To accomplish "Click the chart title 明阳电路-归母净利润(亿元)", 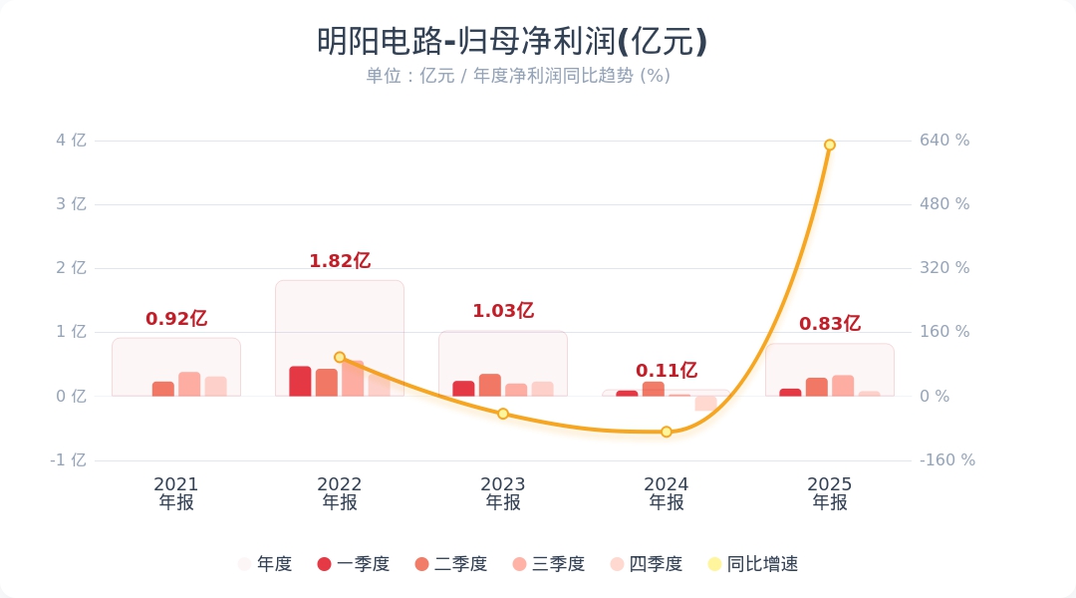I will point(512,42).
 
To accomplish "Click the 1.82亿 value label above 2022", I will point(339,261).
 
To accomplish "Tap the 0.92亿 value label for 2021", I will point(175,319).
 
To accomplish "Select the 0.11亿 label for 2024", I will point(666,371).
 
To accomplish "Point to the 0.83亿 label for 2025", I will point(829,324).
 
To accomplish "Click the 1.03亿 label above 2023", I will point(502,311).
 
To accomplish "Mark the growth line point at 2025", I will point(829,145).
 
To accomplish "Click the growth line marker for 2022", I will point(340,357).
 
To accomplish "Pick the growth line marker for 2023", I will point(503,414).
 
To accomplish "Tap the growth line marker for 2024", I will point(667,432).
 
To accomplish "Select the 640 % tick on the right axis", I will point(943,141).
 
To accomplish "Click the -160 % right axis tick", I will point(946,460).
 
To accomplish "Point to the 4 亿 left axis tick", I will point(71,141).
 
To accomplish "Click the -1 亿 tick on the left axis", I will point(69,460).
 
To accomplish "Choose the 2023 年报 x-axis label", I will point(503,493).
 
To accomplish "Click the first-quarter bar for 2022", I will point(300,382).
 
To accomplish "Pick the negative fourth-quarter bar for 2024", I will point(705,403).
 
